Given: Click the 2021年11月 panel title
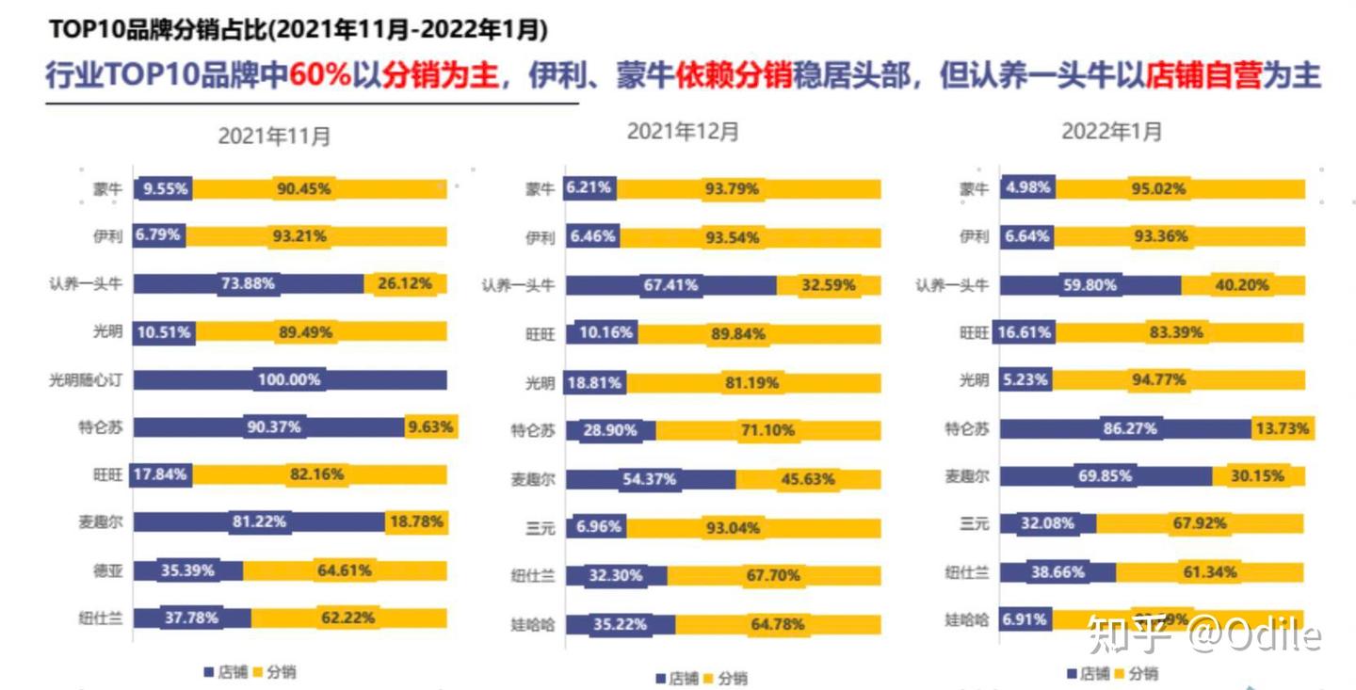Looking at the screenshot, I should pyautogui.click(x=274, y=136).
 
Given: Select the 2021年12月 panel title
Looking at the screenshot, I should pyautogui.click(x=683, y=132).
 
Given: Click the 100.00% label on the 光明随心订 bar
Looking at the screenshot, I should pyautogui.click(x=289, y=380).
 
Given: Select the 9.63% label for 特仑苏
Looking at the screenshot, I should pyautogui.click(x=431, y=427).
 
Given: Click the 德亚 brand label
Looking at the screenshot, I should pyautogui.click(x=107, y=570).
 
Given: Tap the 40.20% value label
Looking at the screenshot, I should pyautogui.click(x=1242, y=285).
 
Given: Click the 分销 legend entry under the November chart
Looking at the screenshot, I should pyautogui.click(x=275, y=672).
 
